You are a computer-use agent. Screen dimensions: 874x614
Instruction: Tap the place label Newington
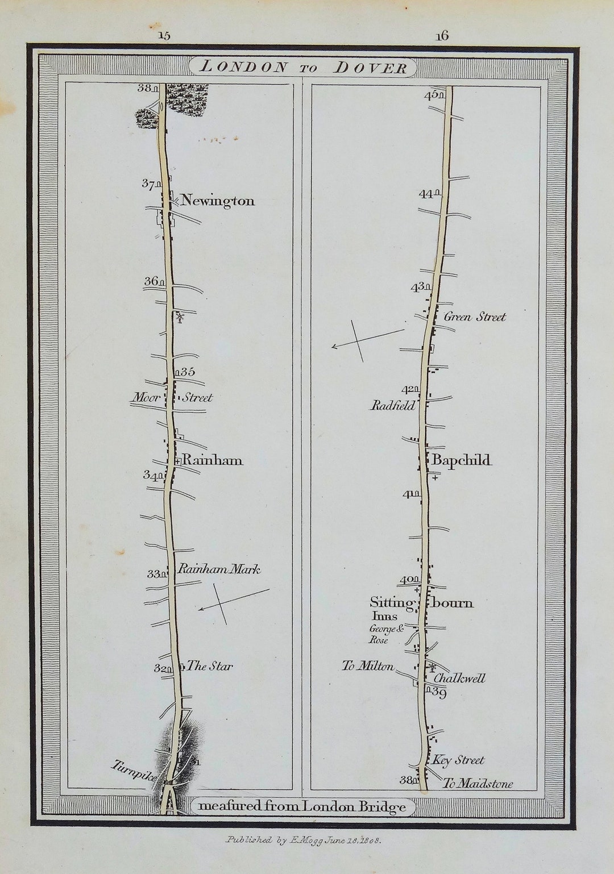click(218, 201)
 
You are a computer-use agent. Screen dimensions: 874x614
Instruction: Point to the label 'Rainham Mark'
click(219, 569)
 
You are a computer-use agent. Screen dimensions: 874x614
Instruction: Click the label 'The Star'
click(210, 666)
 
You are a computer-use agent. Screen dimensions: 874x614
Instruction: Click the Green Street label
click(474, 317)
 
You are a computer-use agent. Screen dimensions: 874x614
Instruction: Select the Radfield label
click(393, 406)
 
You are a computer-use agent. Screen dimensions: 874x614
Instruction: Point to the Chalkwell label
click(459, 678)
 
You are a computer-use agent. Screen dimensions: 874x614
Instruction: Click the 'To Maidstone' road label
click(477, 784)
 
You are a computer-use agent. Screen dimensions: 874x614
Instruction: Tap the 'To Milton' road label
click(368, 666)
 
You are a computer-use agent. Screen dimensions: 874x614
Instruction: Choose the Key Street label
click(458, 760)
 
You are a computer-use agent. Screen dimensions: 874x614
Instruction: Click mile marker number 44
click(426, 194)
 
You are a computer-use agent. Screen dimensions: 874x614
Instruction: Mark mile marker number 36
click(151, 281)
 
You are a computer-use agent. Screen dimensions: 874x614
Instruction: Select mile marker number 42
click(408, 390)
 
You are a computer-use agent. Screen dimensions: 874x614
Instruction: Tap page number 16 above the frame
click(442, 35)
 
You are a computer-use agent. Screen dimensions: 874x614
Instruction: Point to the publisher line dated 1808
click(304, 839)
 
